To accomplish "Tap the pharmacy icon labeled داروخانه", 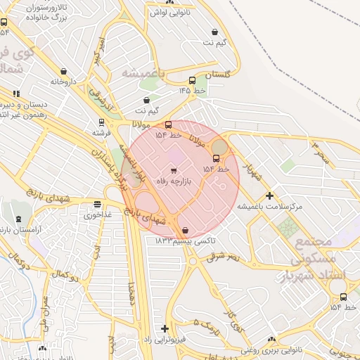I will point(64,71).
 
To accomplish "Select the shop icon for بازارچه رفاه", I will point(174,171).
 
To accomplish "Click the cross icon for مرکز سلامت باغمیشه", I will point(269,195).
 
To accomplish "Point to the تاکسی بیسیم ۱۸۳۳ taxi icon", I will point(185,230).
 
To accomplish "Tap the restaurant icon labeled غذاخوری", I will point(97,205).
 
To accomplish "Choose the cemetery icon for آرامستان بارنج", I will point(18,220).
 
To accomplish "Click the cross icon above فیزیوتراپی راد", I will point(165,328).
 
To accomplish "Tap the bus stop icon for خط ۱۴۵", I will point(192,80).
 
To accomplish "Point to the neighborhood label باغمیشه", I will point(143,73).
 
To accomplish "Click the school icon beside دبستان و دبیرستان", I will point(16,93).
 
